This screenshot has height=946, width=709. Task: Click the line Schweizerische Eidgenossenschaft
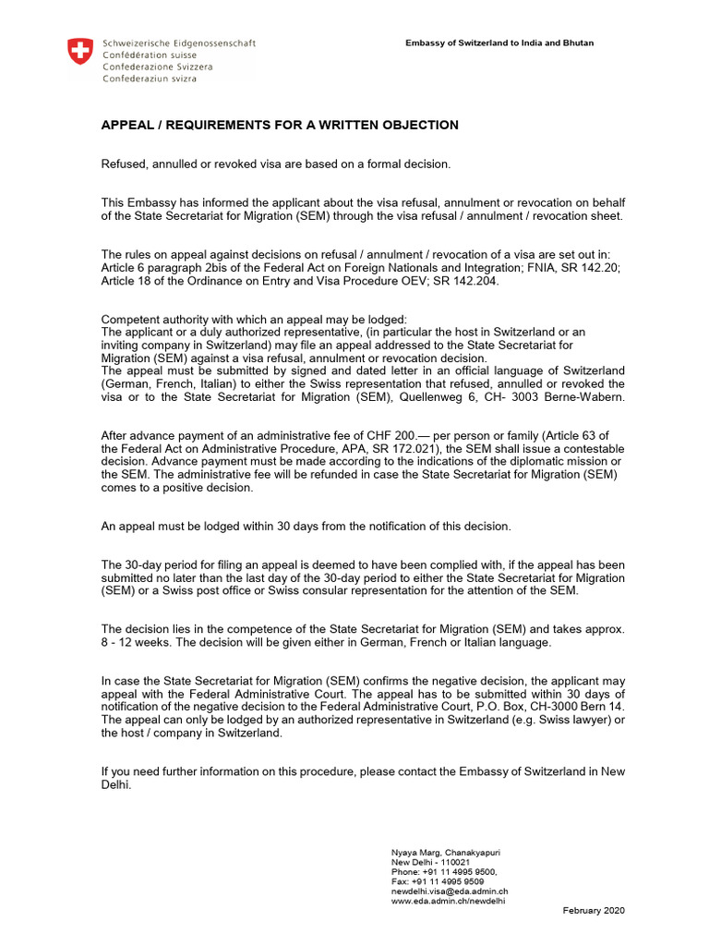click(x=180, y=43)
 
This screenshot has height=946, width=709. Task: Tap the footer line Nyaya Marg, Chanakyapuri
click(x=446, y=851)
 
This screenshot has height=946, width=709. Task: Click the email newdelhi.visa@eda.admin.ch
click(x=451, y=891)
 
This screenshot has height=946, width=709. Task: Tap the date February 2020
click(x=594, y=911)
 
